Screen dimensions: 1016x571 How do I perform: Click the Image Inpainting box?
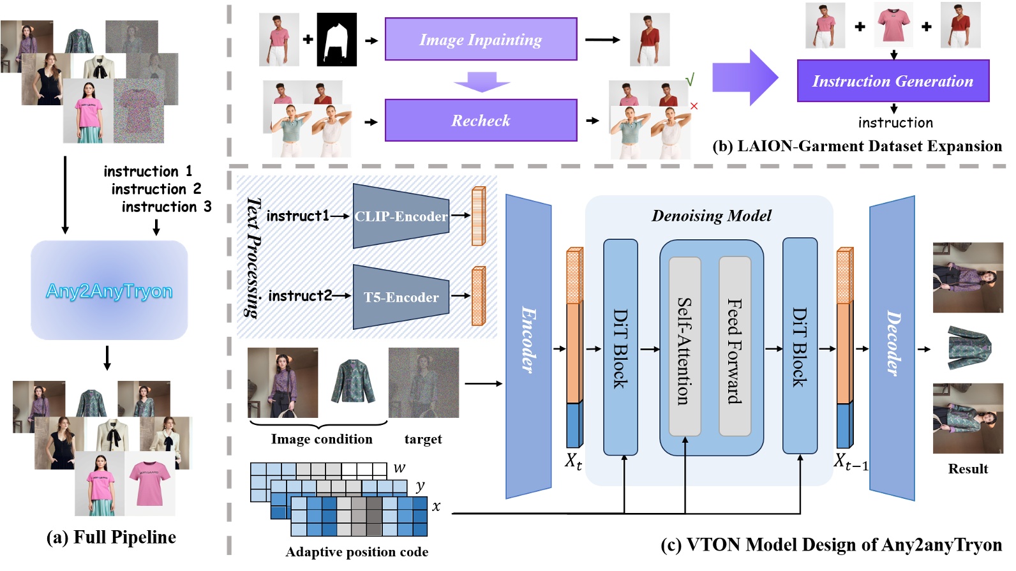pos(481,39)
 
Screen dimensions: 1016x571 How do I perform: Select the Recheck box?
pos(481,120)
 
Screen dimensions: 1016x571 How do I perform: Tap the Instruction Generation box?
pos(893,81)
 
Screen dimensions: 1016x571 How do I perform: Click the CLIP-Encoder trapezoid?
pos(401,216)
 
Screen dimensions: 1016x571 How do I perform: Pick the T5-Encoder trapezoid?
pos(401,297)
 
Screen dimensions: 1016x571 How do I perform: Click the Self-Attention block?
pos(684,347)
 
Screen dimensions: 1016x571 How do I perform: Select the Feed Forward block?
pos(735,347)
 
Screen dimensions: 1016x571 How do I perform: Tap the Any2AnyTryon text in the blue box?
pos(109,291)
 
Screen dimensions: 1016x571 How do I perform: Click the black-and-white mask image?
pos(336,40)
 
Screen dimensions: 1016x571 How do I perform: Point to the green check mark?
pos(690,80)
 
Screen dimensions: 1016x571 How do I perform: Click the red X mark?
pos(694,106)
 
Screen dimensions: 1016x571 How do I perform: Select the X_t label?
pos(573,462)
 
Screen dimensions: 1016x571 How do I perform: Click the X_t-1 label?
pos(851,462)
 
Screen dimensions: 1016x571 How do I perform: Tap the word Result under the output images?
pos(968,468)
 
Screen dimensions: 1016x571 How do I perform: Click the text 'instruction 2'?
pos(156,189)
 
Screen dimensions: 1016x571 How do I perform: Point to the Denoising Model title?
pos(711,216)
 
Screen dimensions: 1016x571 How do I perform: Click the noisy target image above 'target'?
pos(424,383)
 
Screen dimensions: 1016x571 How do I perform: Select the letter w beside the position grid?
pos(399,467)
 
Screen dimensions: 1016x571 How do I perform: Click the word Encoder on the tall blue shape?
pos(528,340)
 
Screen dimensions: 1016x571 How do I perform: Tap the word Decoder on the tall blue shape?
pos(893,343)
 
